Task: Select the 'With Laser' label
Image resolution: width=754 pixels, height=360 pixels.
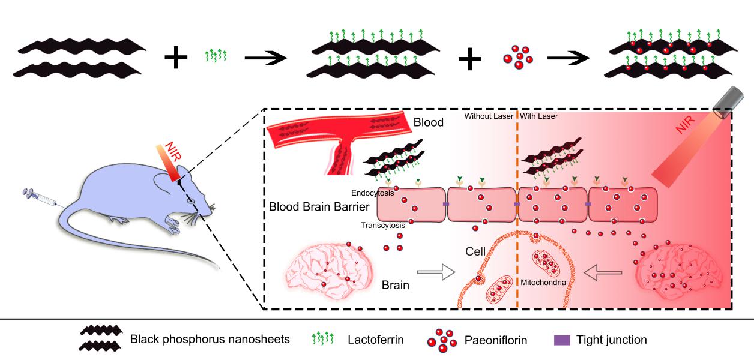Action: pos(538,116)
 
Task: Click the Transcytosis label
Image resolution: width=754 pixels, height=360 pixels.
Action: pos(383,226)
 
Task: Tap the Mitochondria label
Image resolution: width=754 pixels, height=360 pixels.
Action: pos(543,281)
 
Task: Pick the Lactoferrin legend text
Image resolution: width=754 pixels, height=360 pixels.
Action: pos(375,340)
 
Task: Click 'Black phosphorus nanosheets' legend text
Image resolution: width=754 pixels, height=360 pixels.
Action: pos(210,340)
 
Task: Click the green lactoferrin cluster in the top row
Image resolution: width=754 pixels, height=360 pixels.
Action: pos(215,57)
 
